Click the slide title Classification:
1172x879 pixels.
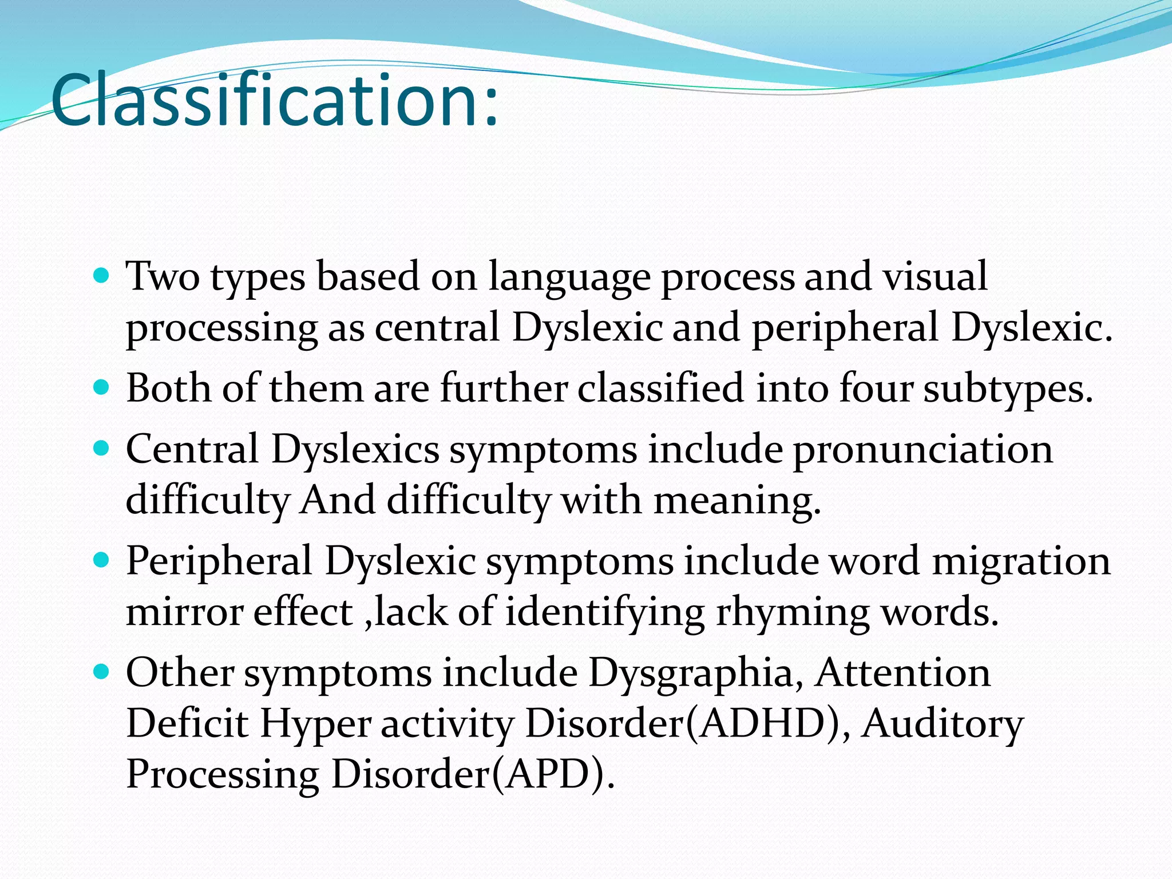[275, 102]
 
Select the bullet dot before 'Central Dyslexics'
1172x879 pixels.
[101, 449]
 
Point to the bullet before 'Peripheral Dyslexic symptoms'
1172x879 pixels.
[101, 561]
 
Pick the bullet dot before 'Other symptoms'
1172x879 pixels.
[101, 672]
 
